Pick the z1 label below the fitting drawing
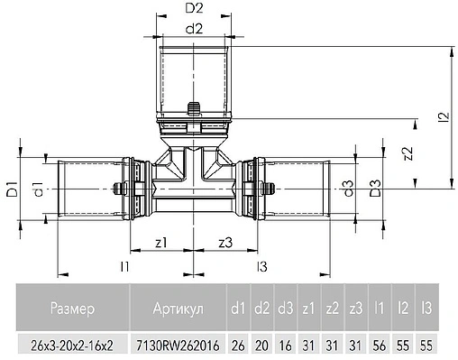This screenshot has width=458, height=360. click(160, 242)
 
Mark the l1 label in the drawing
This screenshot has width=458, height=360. click(125, 266)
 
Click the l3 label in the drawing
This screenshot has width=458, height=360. click(261, 266)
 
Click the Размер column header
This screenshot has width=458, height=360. click(71, 309)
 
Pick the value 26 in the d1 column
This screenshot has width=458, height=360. click(238, 345)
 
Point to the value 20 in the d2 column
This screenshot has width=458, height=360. click(261, 345)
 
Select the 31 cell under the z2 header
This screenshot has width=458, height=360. click(332, 345)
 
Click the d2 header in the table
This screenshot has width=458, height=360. click(261, 309)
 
